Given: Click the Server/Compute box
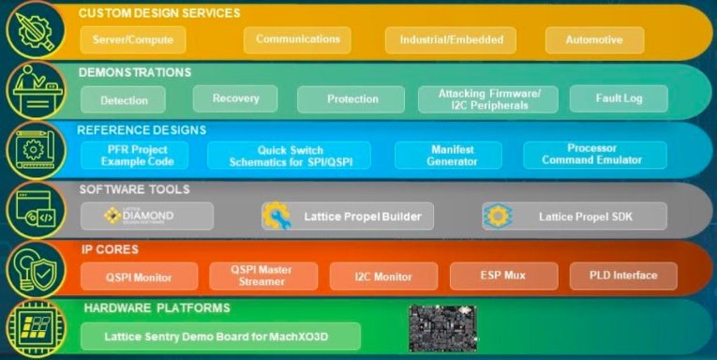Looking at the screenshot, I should coord(132,40).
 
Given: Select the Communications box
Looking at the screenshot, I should coord(297,39).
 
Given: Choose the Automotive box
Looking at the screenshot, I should coord(592,40).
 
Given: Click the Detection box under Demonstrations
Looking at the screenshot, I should coord(123,99).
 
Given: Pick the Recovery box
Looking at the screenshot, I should coord(235,97).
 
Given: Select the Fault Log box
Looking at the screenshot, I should coord(619,98).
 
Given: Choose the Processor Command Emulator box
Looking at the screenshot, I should coord(591,155).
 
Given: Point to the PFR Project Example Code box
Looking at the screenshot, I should coord(134,156).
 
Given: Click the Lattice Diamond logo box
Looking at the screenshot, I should coord(146,217).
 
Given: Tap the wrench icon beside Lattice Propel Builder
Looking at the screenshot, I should coord(276,217).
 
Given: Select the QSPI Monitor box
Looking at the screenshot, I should coord(139,276).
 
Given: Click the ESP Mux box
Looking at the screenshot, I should coord(502,275).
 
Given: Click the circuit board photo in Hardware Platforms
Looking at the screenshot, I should coord(442,329).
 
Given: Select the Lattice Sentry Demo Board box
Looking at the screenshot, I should coord(219,336).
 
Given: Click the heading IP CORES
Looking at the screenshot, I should coord(111,249).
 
